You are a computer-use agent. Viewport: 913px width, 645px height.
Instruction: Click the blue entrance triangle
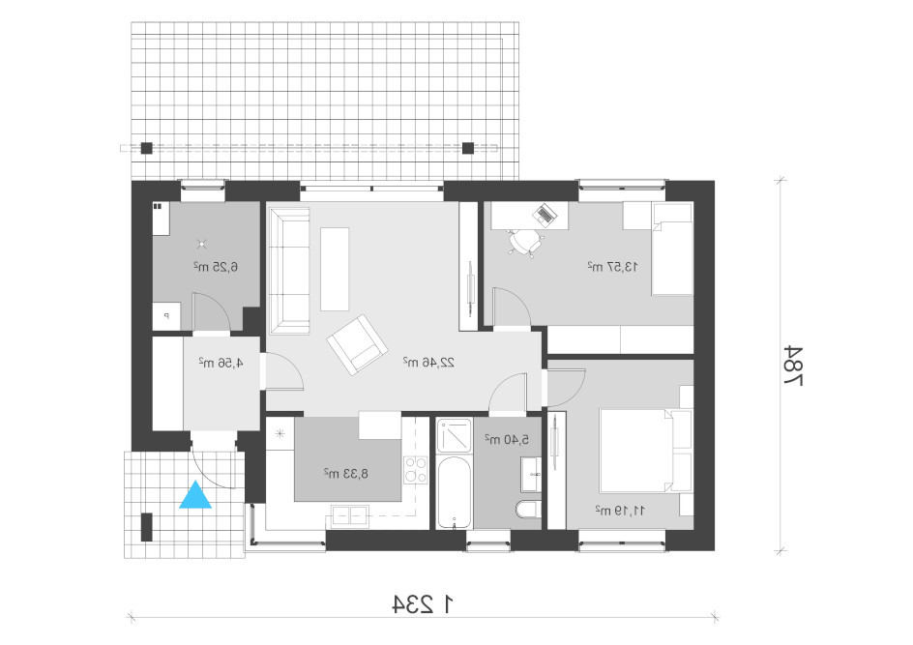pos(195,495)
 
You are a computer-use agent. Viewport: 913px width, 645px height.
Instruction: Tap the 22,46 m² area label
pos(428,363)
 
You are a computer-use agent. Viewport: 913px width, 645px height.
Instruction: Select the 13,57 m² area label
pos(612,267)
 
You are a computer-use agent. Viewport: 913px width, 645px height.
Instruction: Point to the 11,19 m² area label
pos(620,511)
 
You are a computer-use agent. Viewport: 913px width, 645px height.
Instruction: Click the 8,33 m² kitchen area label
pos(346,474)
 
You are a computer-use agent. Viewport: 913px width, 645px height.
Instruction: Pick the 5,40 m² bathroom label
pos(507,440)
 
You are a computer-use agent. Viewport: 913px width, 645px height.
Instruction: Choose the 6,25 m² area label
pos(216,267)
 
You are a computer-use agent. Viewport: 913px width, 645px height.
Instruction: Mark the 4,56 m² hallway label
pos(221,363)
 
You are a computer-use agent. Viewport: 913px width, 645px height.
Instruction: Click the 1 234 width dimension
pos(423,604)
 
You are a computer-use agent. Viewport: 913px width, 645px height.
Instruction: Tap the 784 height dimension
pos(792,366)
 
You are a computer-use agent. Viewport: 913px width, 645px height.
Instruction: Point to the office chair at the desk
pos(525,241)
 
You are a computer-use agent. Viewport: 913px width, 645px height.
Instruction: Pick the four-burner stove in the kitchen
pos(416,470)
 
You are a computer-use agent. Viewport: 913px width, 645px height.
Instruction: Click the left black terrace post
pos(147,148)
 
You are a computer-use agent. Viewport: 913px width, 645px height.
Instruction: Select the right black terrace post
pos(468,148)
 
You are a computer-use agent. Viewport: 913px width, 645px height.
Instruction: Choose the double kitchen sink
pos(349,515)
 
